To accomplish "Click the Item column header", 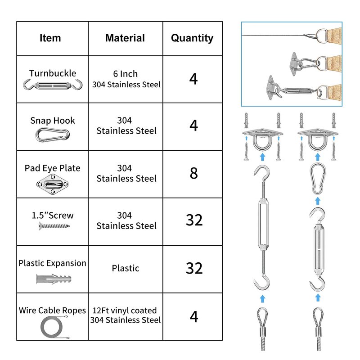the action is click(50, 38).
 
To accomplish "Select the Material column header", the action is click(125, 38).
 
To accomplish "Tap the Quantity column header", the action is click(192, 38).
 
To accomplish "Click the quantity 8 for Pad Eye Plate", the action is click(194, 173).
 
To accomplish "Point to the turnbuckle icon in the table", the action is click(53, 85).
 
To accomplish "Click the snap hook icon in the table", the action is click(53, 135).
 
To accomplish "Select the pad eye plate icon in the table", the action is click(53, 184).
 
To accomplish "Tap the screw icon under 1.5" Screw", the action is click(54, 226).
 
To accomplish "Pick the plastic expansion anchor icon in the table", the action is click(54, 279).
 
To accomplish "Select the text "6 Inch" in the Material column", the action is click(126, 74).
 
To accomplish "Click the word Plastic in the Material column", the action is click(126, 268).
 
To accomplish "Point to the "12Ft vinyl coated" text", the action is click(125, 310).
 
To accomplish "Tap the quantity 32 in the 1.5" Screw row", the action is click(194, 220).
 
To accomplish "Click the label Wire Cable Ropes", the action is click(52, 310).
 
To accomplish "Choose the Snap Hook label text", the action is click(53, 121).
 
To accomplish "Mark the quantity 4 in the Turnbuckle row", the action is click(193, 79).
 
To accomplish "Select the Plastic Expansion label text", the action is click(52, 263).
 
